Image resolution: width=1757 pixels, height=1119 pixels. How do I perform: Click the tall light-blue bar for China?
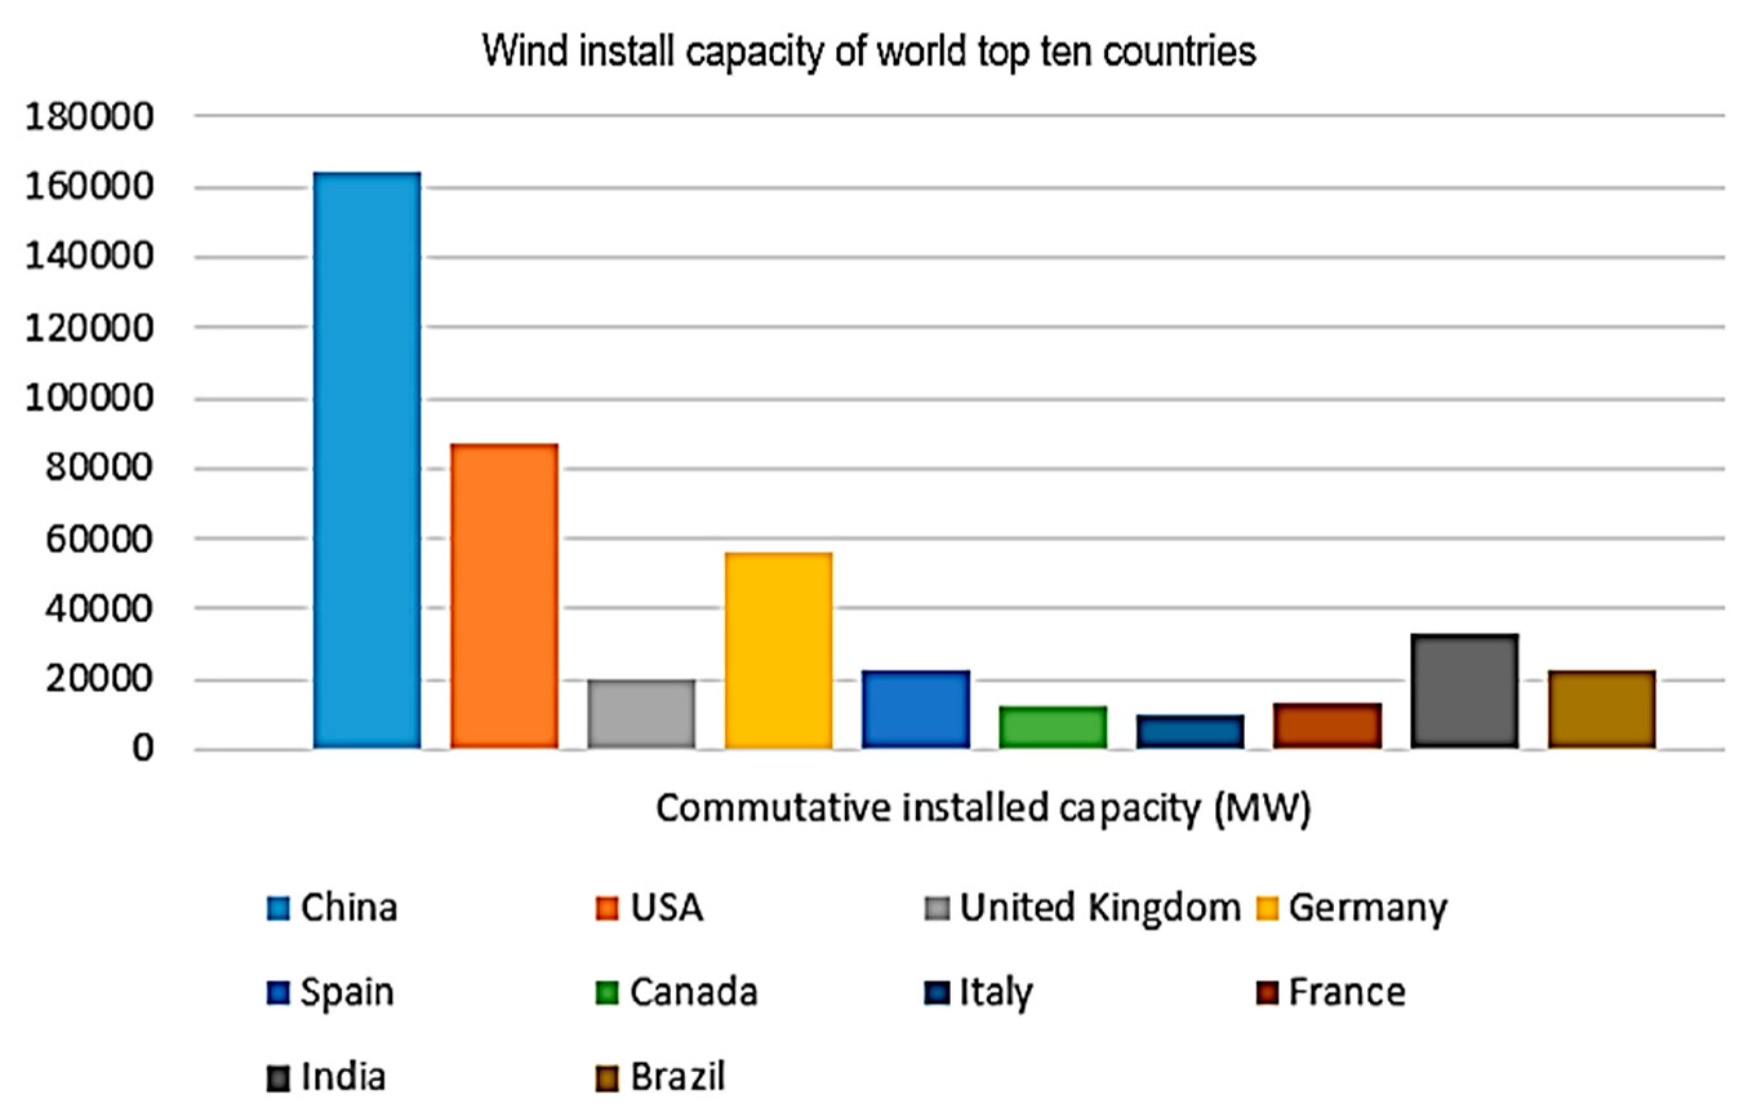[367, 460]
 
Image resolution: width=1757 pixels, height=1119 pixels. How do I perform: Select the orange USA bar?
[504, 595]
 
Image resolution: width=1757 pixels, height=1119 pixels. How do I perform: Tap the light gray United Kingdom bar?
[641, 713]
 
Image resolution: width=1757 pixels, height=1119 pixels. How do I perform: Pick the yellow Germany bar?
[779, 650]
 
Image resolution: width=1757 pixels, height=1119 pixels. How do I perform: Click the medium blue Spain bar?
[916, 709]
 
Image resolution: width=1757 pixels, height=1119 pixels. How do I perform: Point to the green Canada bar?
[1053, 727]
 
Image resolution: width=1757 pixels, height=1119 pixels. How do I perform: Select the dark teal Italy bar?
[1190, 731]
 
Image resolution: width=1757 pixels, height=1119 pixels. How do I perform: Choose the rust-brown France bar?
[1327, 725]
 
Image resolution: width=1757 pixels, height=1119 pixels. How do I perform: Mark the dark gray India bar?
[1464, 691]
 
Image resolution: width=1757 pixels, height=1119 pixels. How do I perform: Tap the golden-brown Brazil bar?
[1602, 709]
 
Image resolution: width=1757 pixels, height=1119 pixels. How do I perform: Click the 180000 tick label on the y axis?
[89, 117]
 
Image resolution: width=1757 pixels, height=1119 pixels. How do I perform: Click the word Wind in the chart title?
[524, 52]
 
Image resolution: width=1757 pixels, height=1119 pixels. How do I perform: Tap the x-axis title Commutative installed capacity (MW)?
[983, 808]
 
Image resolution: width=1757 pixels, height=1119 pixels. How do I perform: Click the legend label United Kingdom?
[1100, 908]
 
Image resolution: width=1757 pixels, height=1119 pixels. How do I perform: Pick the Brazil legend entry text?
[677, 1076]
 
